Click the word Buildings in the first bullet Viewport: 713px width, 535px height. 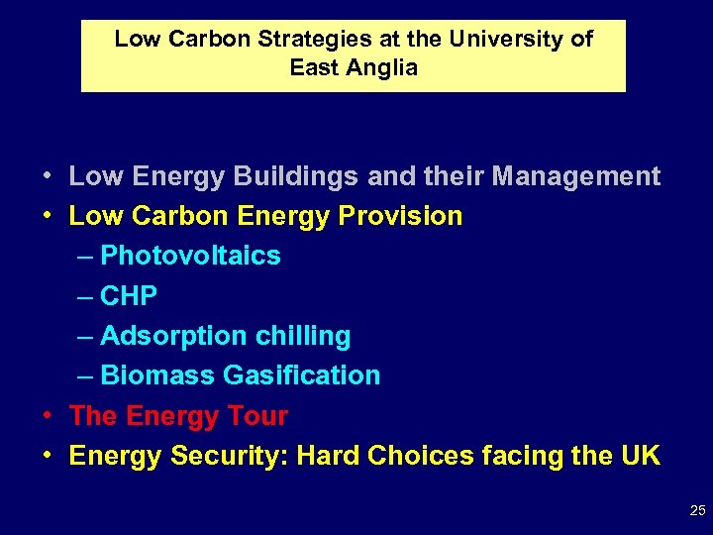283,176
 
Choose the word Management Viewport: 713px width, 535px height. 575,176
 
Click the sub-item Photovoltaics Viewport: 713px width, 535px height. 190,256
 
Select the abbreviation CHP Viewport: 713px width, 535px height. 129,296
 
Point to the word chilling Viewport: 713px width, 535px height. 302,336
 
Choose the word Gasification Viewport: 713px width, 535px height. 301,375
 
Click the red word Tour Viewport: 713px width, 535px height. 256,416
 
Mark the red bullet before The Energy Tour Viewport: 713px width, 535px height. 47,416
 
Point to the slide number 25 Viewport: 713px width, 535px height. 697,511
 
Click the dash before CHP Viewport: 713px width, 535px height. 85,296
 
